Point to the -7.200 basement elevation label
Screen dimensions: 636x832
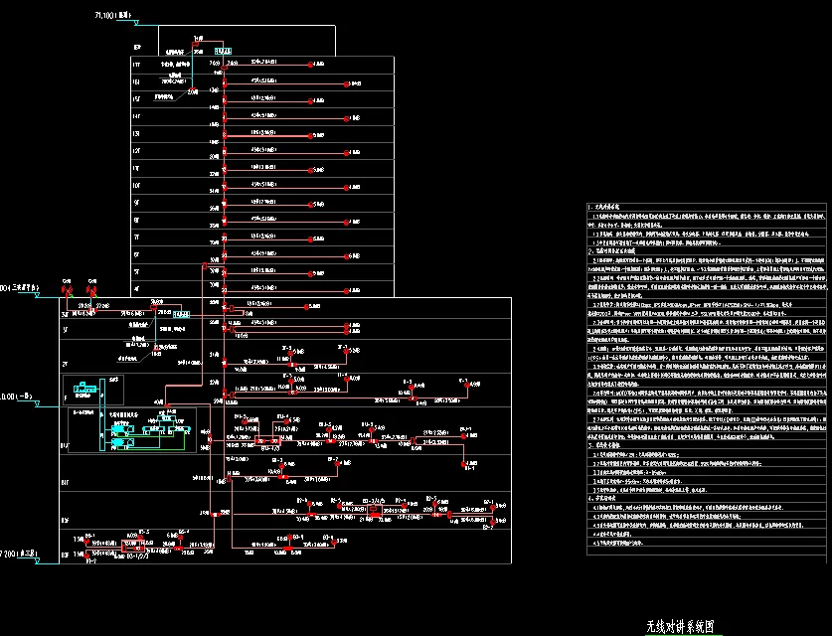[20, 552]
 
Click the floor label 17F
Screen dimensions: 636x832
[137, 64]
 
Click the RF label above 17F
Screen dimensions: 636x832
[137, 47]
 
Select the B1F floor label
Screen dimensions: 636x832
[66, 447]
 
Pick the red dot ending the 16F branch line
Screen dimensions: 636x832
[346, 84]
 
